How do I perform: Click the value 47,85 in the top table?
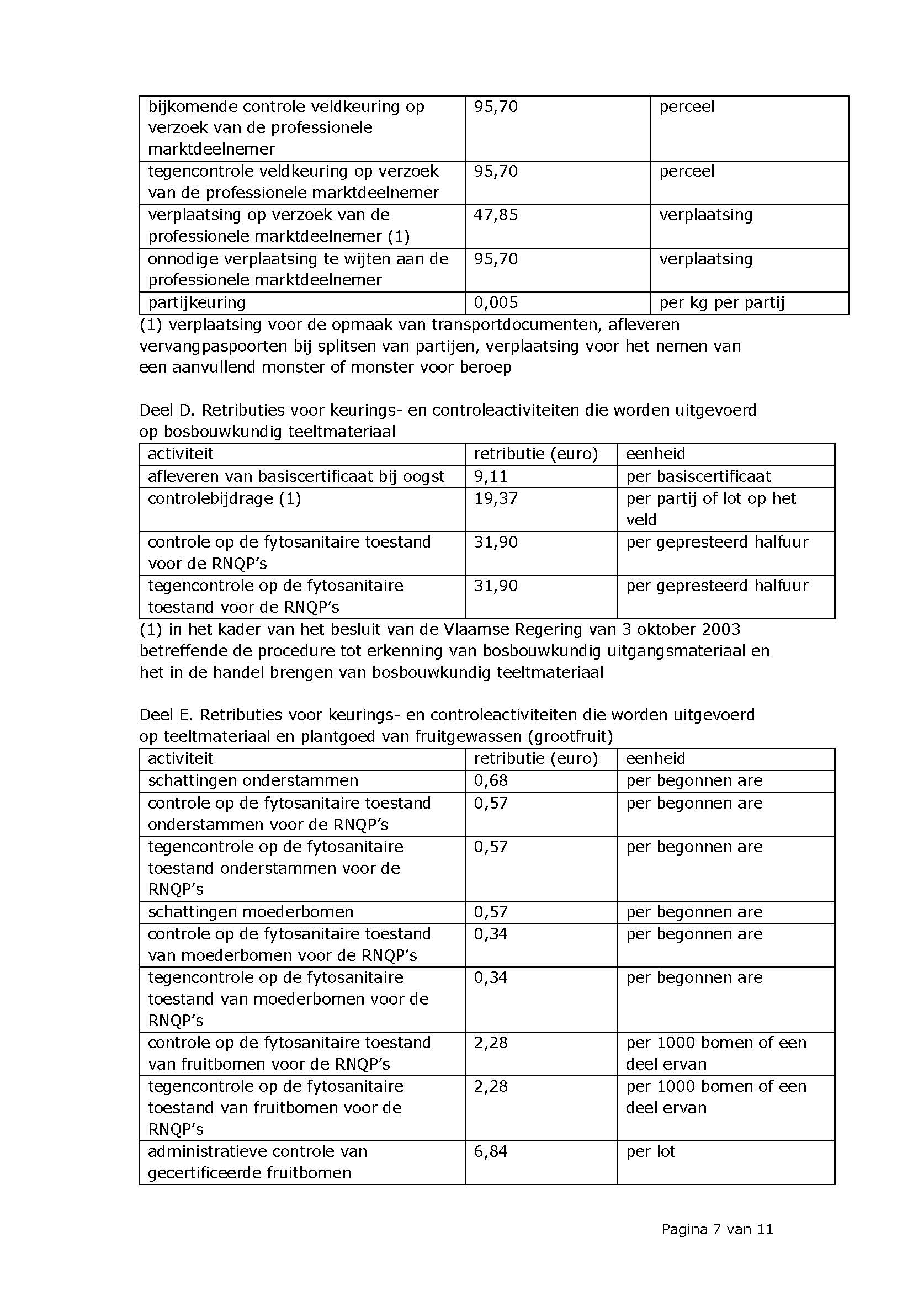pyautogui.click(x=495, y=215)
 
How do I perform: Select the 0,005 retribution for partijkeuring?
pyautogui.click(x=495, y=302)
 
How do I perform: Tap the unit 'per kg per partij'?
pyautogui.click(x=721, y=302)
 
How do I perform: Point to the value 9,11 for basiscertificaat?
pyautogui.click(x=490, y=476)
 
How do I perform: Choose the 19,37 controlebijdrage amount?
pyautogui.click(x=495, y=498)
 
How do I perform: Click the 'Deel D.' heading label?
pyautogui.click(x=166, y=410)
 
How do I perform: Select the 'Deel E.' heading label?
pyautogui.click(x=166, y=715)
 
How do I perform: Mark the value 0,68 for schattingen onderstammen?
pyautogui.click(x=490, y=780)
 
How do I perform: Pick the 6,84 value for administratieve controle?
pyautogui.click(x=490, y=1151)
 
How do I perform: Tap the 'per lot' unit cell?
pyautogui.click(x=650, y=1151)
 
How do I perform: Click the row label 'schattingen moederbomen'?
pyautogui.click(x=251, y=911)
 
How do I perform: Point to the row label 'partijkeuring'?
pyautogui.click(x=197, y=302)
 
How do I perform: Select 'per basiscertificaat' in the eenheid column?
pyautogui.click(x=698, y=476)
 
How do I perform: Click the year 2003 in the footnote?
pyautogui.click(x=720, y=629)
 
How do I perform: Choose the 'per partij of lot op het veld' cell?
pyautogui.click(x=710, y=508)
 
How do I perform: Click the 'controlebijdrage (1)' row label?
pyautogui.click(x=224, y=498)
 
